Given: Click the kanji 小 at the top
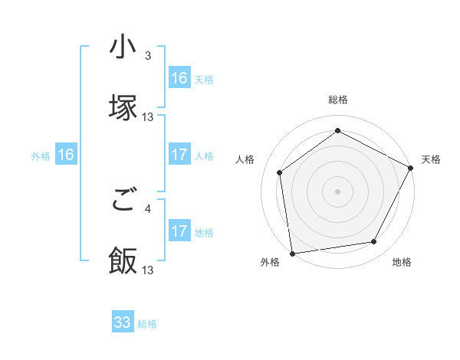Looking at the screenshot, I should (x=123, y=47).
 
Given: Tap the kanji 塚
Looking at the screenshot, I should (x=123, y=108).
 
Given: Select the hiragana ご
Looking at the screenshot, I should (x=123, y=201).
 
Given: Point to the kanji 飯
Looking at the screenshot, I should (x=123, y=261).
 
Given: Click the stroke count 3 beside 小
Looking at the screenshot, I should (x=148, y=56).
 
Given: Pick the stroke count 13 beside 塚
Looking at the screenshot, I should (x=148, y=116).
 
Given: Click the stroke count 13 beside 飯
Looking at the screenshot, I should (x=148, y=270).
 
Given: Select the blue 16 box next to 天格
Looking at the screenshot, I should (x=179, y=78).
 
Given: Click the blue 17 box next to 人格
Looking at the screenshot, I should (x=179, y=155).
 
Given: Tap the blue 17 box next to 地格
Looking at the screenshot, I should (x=179, y=231).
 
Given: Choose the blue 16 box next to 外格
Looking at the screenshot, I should (x=66, y=155).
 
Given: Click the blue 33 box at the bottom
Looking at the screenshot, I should (x=123, y=322).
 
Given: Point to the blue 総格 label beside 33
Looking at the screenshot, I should (x=147, y=324).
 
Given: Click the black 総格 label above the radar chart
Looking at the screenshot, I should (x=338, y=100).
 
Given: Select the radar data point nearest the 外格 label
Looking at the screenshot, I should (x=292, y=253).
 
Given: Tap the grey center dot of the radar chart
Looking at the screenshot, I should (x=337, y=191).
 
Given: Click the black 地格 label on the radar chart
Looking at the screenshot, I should (x=402, y=263).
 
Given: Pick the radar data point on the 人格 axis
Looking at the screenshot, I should (x=280, y=172).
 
